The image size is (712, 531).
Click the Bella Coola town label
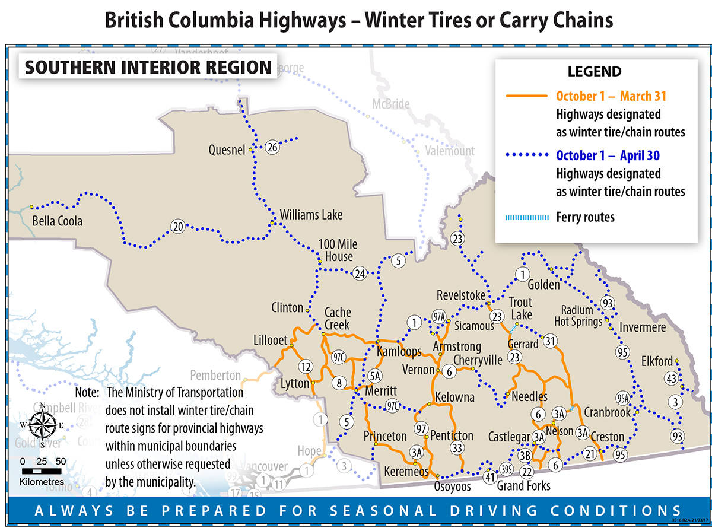(57, 221)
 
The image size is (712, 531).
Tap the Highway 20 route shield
(177, 226)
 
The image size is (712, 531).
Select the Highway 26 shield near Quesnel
(272, 147)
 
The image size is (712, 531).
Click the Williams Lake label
(311, 215)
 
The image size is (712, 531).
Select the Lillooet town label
(270, 341)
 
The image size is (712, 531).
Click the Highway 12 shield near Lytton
(306, 367)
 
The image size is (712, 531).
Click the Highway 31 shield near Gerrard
(551, 341)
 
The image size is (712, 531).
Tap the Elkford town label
(657, 361)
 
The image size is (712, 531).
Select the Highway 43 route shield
(671, 379)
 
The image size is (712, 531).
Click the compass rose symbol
(42, 425)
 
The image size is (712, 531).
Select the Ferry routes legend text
(585, 217)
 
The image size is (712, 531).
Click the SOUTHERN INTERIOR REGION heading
(148, 67)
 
